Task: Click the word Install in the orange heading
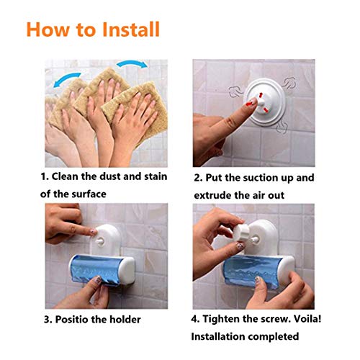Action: click(131, 30)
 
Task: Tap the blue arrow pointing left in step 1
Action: click(66, 79)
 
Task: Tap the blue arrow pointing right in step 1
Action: click(132, 63)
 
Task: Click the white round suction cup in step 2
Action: click(265, 103)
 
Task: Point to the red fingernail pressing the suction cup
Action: click(251, 103)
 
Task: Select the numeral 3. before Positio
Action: click(48, 320)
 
